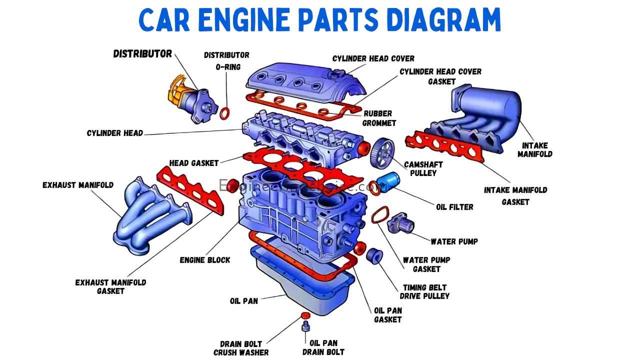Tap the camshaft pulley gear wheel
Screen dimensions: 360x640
click(382, 153)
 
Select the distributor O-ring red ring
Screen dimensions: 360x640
click(225, 113)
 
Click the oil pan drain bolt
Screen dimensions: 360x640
click(305, 327)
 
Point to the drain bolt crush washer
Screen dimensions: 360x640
click(305, 315)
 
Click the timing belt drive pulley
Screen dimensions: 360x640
click(374, 255)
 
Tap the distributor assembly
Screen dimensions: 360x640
click(192, 100)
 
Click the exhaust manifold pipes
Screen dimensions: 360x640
click(145, 215)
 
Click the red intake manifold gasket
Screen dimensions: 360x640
click(445, 145)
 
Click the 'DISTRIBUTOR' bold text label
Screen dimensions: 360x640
click(142, 54)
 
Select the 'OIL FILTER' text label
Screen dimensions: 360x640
click(454, 207)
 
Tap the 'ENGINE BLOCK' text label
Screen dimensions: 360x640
click(205, 260)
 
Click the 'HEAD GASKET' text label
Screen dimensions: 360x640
click(194, 163)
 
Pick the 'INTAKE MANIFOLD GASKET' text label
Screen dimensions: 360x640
click(515, 196)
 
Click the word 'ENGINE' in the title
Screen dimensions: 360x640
click(244, 20)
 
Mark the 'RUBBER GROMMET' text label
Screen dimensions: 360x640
click(379, 118)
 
